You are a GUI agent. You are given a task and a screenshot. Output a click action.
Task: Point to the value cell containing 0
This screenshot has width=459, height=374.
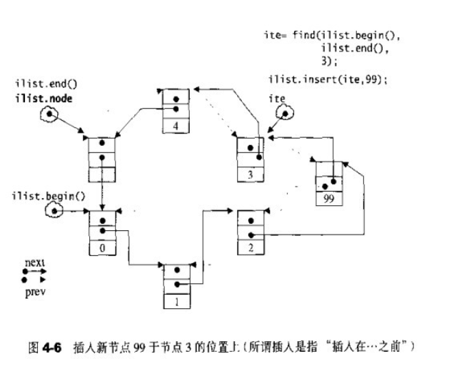[x=104, y=247]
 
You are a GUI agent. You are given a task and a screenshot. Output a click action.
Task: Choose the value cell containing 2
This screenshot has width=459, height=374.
[x=251, y=247]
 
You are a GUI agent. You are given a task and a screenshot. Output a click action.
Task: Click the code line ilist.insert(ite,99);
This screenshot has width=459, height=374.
[x=328, y=79]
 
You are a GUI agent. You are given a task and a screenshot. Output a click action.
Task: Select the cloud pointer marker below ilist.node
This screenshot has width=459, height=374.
[x=49, y=114]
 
